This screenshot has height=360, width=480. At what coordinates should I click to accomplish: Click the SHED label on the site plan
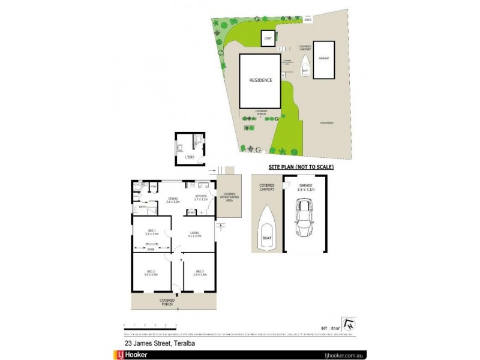click(308, 20)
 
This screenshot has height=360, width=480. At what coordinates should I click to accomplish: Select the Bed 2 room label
click(151, 272)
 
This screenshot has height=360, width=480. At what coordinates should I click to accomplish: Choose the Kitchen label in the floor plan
click(202, 196)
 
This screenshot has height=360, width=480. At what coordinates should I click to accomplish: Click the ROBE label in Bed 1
click(151, 247)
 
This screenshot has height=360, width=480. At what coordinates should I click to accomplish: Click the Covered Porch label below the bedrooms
click(167, 302)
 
